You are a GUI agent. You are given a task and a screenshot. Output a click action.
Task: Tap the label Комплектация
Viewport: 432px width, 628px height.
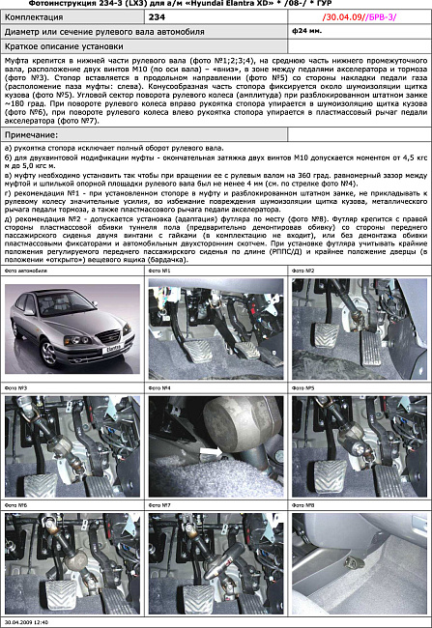pyautogui.click(x=33, y=17)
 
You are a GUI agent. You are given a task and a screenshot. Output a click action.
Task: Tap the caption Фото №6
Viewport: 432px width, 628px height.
pyautogui.click(x=16, y=504)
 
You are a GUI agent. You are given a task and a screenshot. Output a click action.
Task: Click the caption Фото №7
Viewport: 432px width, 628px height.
pyautogui.click(x=159, y=504)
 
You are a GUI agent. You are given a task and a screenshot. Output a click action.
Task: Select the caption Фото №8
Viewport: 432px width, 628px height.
pyautogui.click(x=303, y=504)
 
